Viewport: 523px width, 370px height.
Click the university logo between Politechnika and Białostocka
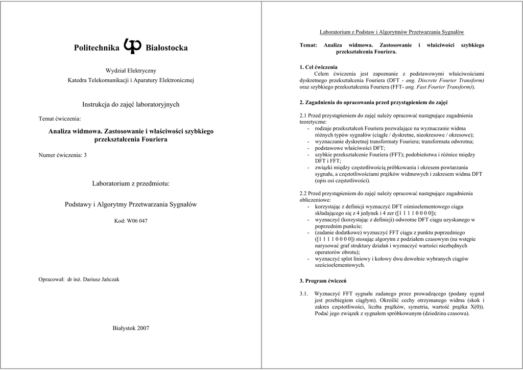132,46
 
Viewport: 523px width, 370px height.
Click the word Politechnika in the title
97,48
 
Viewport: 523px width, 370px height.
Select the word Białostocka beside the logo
167,48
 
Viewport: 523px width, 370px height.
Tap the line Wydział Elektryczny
131,71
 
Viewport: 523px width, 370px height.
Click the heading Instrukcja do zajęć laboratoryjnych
131,104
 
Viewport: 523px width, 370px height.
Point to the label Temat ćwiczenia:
60,119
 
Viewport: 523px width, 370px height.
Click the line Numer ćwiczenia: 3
63,155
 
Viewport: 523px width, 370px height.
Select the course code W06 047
137,221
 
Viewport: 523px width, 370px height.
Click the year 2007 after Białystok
142,328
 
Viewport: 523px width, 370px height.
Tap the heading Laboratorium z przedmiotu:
131,183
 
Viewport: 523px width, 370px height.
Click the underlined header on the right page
392,32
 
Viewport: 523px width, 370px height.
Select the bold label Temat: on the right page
308,45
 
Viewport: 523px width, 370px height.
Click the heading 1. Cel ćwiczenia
318,67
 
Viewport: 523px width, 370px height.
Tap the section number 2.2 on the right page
304,193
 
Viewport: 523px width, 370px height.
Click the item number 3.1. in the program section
305,294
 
